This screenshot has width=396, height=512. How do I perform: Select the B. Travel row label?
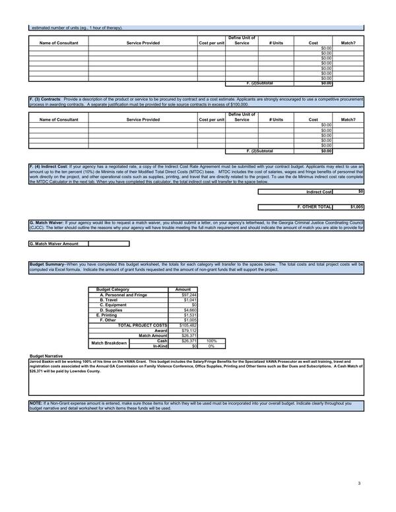coord(109,300)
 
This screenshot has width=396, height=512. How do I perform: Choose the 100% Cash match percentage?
coord(212,341)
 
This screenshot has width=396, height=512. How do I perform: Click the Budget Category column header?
coord(113,290)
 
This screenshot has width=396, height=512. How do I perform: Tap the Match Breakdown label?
coord(109,343)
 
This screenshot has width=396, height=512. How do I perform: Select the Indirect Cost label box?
coord(319,192)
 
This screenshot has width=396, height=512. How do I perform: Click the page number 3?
coord(359,484)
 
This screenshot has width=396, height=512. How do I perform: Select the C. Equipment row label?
coord(113,305)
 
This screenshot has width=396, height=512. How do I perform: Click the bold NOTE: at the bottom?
coord(36,402)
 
